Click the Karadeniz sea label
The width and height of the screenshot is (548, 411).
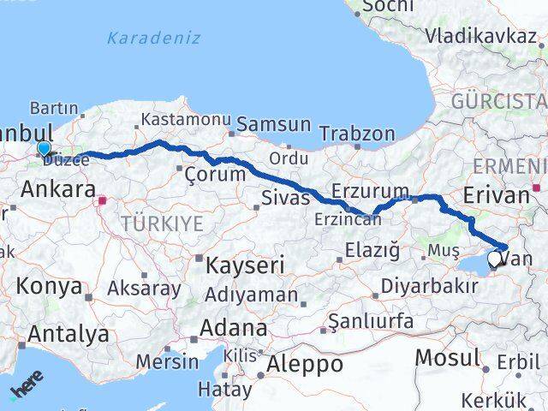point(154,38)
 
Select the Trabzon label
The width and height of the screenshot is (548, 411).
point(357,134)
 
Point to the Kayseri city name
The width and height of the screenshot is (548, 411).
point(245,265)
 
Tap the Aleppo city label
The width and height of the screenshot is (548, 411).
point(305,364)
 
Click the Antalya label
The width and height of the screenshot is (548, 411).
point(68,333)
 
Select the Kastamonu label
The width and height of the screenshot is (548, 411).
point(185,120)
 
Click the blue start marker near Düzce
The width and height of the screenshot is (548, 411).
point(45,148)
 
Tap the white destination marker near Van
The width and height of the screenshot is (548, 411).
point(496,258)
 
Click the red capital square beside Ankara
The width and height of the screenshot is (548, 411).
point(103,201)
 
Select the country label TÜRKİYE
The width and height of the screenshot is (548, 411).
point(163,224)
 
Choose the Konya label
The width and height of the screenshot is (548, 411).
point(50,286)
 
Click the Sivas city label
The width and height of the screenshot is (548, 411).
point(284,200)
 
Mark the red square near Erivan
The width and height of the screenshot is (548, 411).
point(537,187)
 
